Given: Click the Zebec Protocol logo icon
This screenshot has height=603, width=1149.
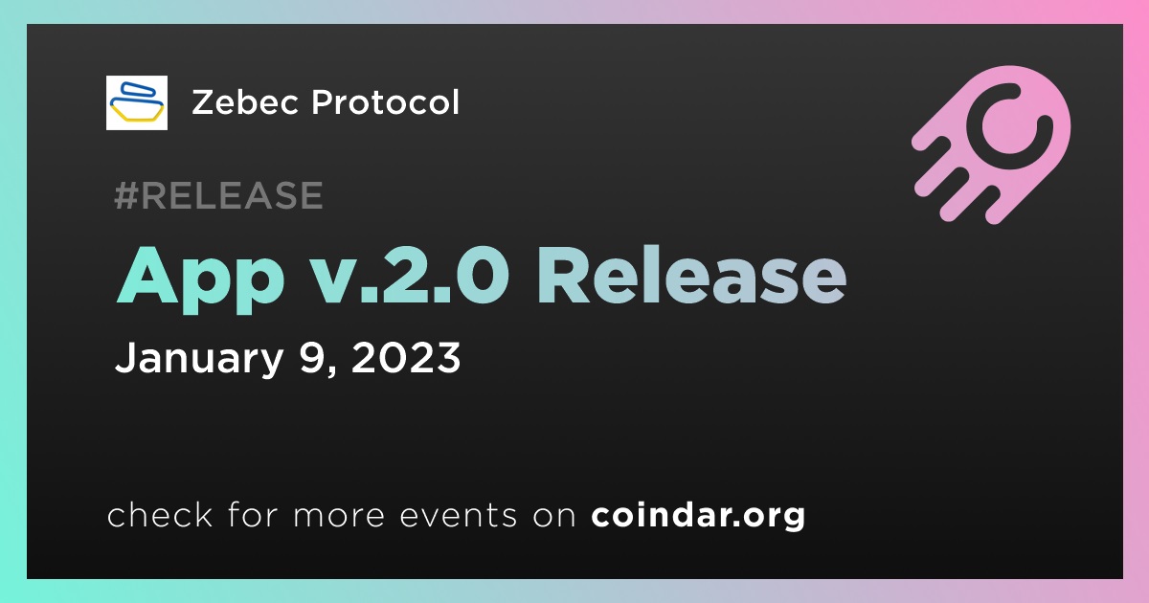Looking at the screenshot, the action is (x=136, y=102).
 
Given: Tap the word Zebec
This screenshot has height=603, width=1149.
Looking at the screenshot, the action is (x=245, y=102).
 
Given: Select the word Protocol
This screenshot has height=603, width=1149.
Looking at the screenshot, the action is (x=385, y=102).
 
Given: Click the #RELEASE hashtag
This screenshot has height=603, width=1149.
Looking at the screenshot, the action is (x=218, y=195).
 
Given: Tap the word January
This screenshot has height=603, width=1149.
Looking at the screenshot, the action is (x=199, y=358).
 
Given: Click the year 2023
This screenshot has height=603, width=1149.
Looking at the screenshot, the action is (x=406, y=357).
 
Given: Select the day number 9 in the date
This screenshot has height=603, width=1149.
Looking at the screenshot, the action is (x=313, y=357).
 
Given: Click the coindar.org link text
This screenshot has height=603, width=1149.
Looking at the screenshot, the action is (x=698, y=516).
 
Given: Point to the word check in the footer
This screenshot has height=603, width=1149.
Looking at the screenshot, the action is (x=160, y=514).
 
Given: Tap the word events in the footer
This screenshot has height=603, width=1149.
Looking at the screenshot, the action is (x=458, y=516).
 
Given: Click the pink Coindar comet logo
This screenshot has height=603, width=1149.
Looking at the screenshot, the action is (x=991, y=145).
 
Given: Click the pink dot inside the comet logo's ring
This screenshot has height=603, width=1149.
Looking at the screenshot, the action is (x=1008, y=125).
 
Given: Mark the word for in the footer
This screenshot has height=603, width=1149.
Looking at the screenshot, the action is (x=253, y=514).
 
